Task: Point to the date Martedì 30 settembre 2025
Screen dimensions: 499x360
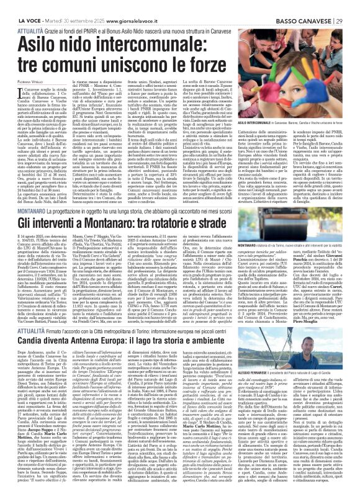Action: click(x=65, y=6)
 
